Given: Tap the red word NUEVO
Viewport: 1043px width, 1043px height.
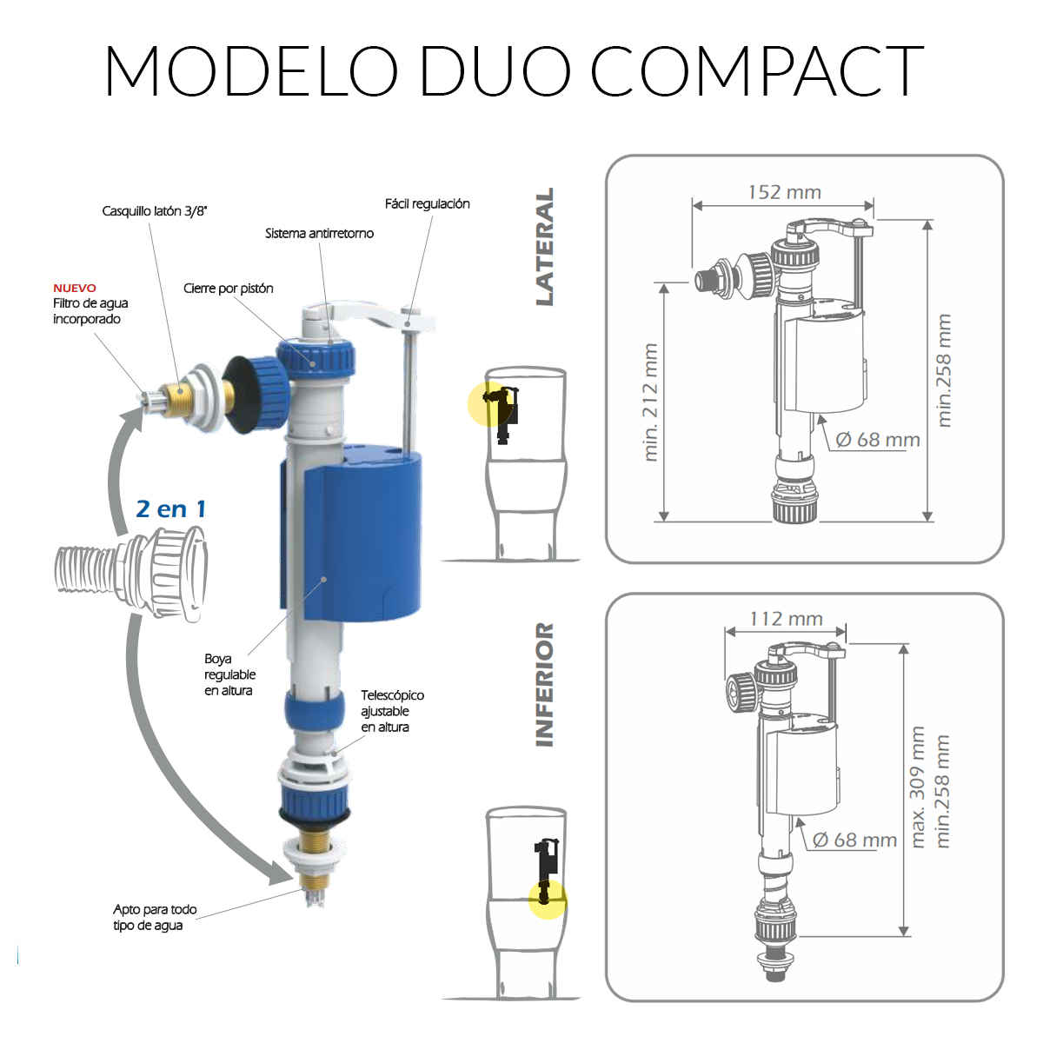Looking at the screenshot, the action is (x=75, y=288).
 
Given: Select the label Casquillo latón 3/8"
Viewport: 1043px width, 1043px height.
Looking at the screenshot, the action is (x=155, y=211).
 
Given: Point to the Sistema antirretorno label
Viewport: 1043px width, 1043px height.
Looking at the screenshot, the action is (x=319, y=233).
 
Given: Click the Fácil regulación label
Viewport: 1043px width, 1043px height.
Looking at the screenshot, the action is (x=427, y=204).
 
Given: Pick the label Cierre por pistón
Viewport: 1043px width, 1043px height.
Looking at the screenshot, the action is (x=229, y=289).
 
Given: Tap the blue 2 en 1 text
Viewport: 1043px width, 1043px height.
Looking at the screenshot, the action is (x=171, y=508).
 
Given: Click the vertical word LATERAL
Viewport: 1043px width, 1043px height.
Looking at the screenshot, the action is (x=544, y=247).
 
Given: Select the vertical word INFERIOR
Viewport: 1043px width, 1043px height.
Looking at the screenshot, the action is (x=544, y=685).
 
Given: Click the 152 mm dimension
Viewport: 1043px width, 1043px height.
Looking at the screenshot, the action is (x=784, y=192).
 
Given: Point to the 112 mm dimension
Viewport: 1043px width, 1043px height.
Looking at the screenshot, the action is (x=786, y=619).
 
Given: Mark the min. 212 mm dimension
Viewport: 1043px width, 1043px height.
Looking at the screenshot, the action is (x=650, y=402).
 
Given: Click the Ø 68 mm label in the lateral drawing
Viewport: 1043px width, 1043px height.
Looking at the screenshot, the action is (x=877, y=440).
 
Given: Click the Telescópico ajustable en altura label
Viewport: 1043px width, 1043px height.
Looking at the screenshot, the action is (x=392, y=711).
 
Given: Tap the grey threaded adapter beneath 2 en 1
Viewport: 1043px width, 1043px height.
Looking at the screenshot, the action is (x=131, y=574).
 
